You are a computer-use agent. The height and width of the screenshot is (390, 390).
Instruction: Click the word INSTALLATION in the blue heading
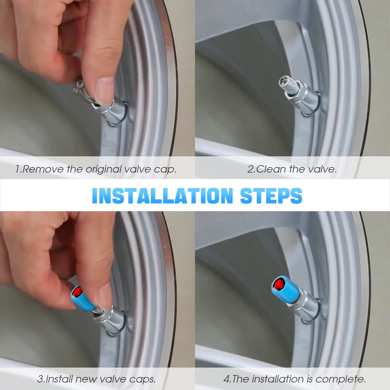(162, 196)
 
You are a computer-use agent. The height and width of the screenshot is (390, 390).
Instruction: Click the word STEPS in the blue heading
(271, 196)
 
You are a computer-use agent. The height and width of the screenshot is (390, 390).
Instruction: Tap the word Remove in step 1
(43, 169)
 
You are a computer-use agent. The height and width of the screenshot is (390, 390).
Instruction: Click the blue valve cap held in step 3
(82, 296)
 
